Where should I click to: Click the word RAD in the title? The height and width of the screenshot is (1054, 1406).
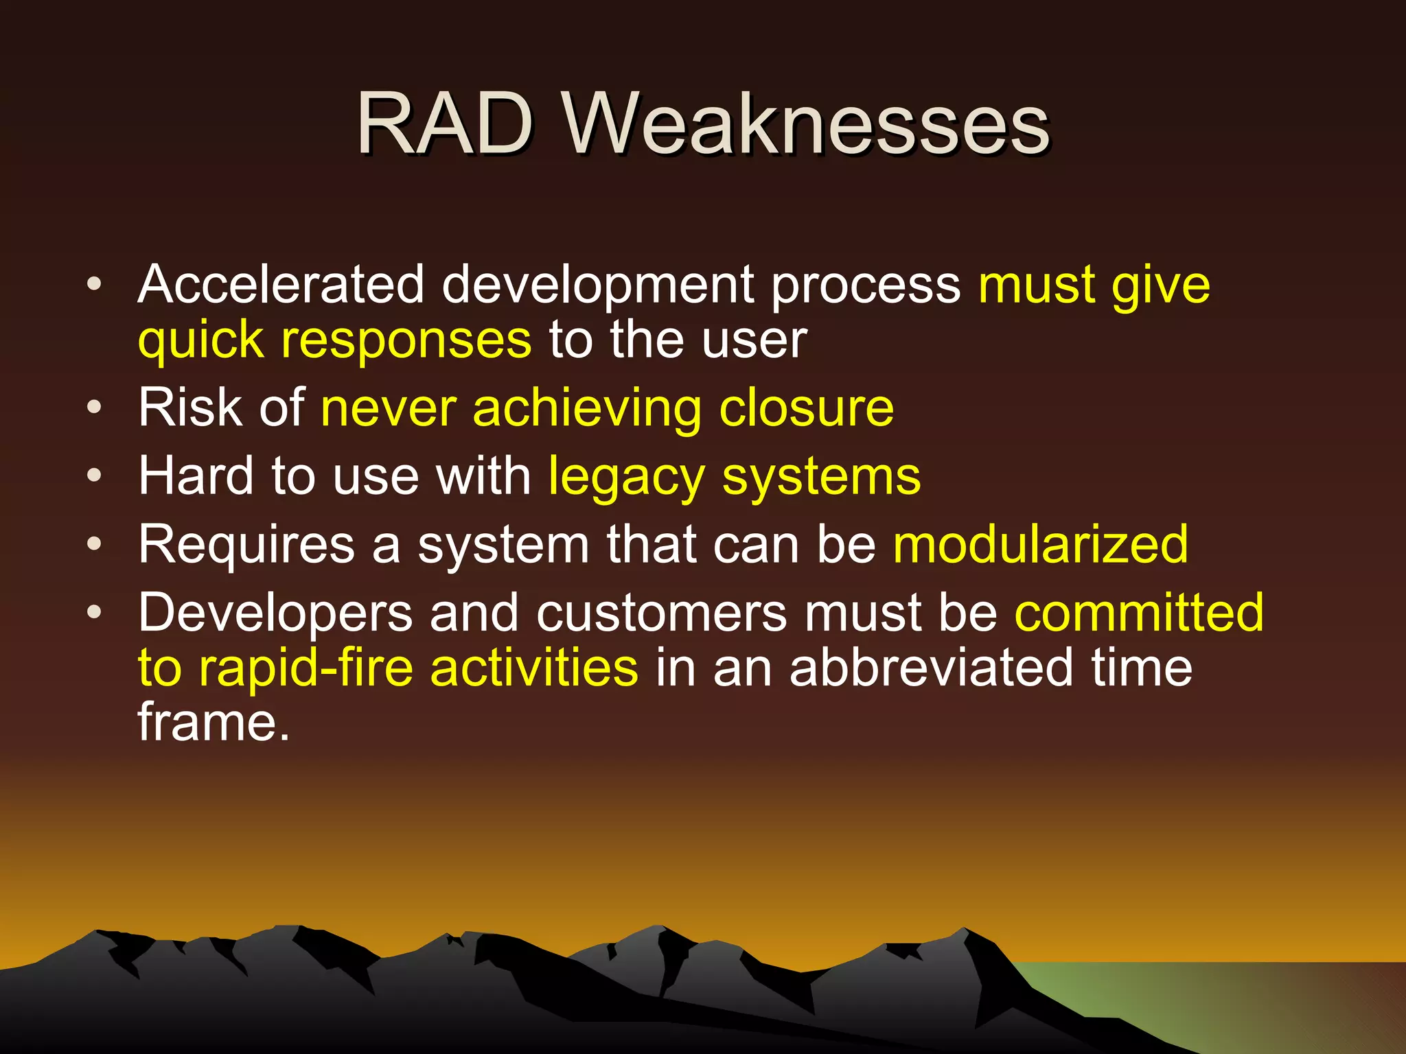coord(445,125)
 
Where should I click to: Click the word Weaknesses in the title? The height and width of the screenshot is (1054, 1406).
coord(806,125)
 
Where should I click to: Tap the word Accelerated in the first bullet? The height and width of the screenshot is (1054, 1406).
coord(281,285)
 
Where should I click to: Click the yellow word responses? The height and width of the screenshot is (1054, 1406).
coord(406,340)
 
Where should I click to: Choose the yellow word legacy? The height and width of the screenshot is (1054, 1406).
coord(626,476)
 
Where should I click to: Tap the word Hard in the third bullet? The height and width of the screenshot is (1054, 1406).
coord(196,476)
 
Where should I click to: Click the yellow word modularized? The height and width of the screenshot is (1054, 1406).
coord(1041,544)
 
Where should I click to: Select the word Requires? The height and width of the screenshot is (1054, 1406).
coord(246,544)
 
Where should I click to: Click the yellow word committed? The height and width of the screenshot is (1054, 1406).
coord(1139,612)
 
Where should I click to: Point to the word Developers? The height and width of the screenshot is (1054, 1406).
coord(275,612)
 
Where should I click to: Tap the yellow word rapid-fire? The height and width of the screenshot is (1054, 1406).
coord(306,668)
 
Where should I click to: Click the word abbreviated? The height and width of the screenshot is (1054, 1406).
coord(932,668)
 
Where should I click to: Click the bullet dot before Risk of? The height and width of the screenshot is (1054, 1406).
coord(95,408)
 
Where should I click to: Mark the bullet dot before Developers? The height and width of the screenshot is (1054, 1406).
coord(95,612)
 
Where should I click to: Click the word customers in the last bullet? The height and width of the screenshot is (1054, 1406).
coord(661,612)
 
